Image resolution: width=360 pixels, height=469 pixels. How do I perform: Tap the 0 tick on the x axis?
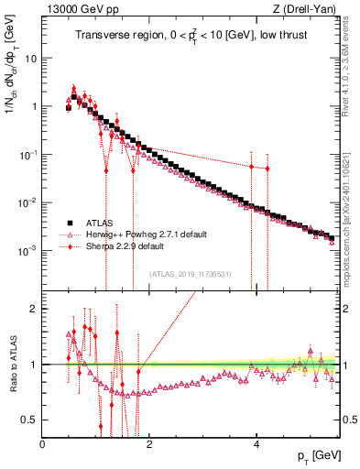43,444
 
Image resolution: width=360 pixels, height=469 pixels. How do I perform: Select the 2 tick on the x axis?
150,444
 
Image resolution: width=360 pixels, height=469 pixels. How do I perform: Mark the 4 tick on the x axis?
257,444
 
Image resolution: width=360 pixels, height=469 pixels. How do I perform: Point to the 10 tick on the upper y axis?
30,58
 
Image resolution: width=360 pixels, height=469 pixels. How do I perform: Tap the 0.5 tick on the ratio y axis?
30,420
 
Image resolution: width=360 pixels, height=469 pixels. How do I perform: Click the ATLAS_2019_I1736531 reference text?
191,273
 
